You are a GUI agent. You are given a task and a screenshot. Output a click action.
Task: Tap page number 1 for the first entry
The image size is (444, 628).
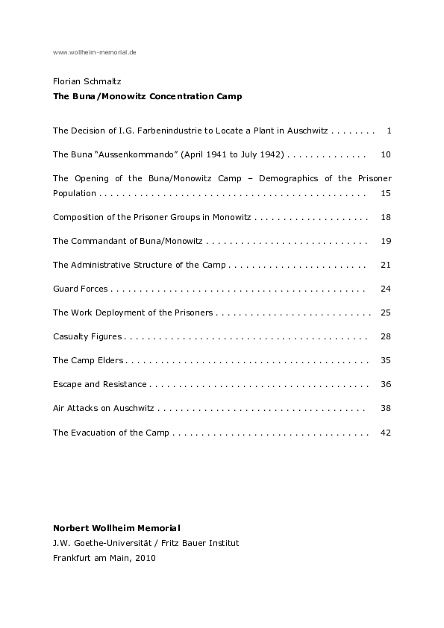pyautogui.click(x=389, y=131)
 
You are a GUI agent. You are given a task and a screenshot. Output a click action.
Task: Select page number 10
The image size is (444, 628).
pyautogui.click(x=386, y=154)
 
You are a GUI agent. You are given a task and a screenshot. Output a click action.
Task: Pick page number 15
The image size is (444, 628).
pyautogui.click(x=386, y=193)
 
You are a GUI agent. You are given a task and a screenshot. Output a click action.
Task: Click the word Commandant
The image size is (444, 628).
pyautogui.click(x=102, y=241)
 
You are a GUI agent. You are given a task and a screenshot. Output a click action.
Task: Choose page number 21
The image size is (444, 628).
pyautogui.click(x=386, y=265)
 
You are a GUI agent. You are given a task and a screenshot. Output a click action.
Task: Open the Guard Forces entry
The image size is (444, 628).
pyautogui.click(x=81, y=289)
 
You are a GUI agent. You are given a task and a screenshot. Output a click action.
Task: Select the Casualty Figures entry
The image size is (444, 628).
pyautogui.click(x=87, y=336)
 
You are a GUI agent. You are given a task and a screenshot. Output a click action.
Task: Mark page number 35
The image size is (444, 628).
pyautogui.click(x=386, y=360)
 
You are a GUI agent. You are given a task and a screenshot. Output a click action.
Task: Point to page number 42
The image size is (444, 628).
pyautogui.click(x=386, y=432)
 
